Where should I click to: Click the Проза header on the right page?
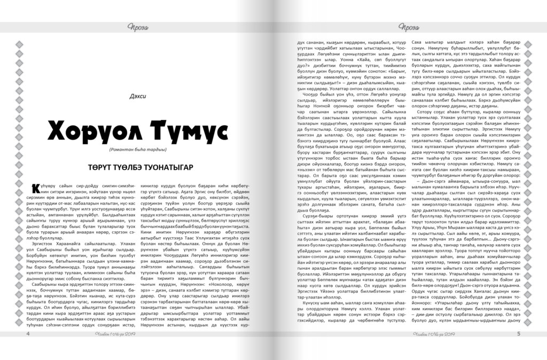point(408,28)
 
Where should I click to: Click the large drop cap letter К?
point(37,189)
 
